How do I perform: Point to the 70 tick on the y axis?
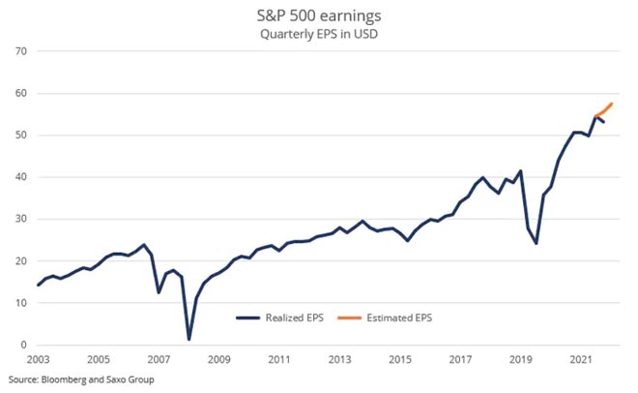pos(18,51)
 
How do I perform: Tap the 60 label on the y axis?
pos(18,94)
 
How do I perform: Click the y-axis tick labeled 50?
pos(18,136)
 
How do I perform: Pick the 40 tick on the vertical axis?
pos(18,177)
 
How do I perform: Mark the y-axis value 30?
pos(18,219)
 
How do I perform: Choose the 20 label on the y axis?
pos(18,261)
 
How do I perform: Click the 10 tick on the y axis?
pos(18,303)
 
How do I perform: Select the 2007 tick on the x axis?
pos(158,359)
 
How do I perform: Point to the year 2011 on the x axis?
pos(278,359)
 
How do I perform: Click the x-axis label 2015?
pos(399,359)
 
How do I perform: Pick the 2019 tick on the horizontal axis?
pos(520,359)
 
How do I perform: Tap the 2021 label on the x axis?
pos(580,359)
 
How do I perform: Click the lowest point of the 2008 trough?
pos(188,339)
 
